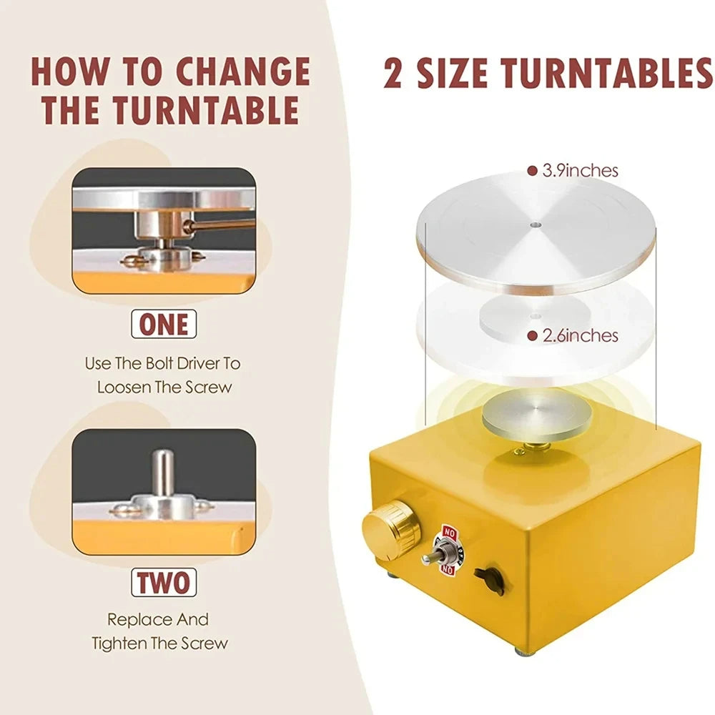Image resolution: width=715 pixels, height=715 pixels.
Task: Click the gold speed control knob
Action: coord(390,527)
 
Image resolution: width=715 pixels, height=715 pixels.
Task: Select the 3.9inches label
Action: coord(580,171)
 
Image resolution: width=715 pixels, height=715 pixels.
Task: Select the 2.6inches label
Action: coord(580,335)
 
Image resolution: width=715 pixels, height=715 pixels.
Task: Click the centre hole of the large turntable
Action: coord(536,224)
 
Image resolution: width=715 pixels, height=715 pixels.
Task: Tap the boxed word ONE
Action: coord(163,325)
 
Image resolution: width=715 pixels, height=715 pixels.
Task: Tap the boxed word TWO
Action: coord(163,582)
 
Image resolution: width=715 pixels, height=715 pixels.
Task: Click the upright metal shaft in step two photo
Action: coord(164,473)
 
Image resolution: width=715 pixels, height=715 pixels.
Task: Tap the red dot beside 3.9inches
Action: coord(531,171)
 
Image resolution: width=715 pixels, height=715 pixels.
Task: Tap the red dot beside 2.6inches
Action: coord(531,335)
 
